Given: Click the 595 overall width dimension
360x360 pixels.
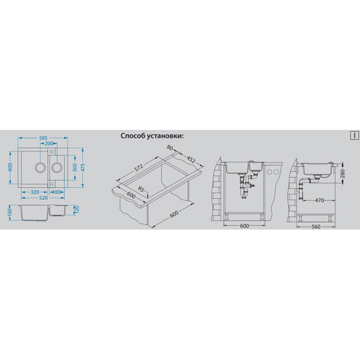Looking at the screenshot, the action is coord(43,138).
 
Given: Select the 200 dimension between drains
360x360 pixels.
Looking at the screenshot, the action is coord(49,143).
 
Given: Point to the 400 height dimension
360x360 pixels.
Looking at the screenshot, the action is coord(11,167).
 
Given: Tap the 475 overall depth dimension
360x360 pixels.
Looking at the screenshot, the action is coord(83,167).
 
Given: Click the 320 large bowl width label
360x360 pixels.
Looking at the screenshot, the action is coord(34,192).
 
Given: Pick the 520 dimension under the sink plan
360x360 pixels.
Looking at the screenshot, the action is coord(43,197).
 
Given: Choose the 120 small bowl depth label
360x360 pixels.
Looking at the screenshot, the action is coord(77,209).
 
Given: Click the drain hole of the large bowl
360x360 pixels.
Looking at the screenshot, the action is coord(40,167).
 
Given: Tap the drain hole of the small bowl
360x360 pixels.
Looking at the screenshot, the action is coord(57,167).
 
